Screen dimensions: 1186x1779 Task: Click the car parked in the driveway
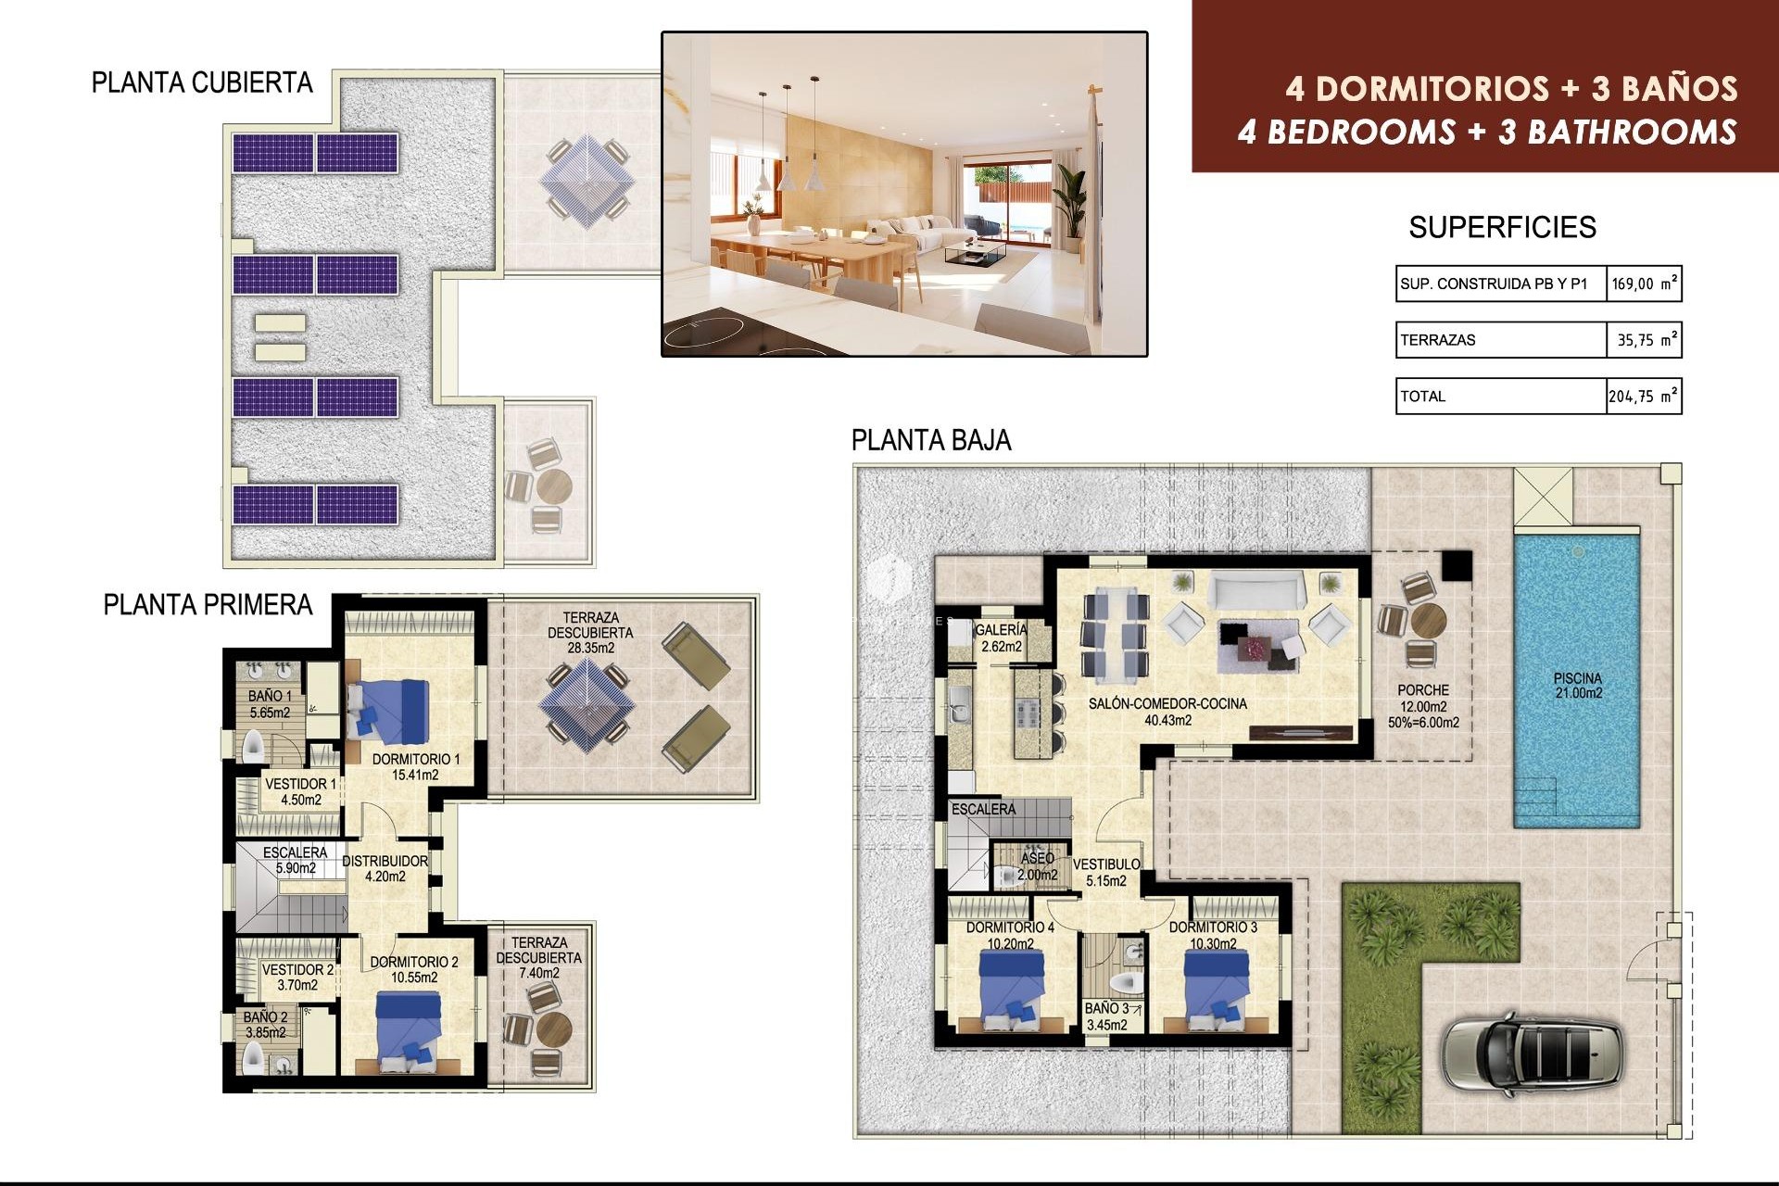[1531, 1054]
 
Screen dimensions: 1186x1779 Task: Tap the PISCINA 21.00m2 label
[1578, 686]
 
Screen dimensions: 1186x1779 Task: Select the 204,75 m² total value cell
[1643, 397]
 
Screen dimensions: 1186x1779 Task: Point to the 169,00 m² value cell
[1643, 284]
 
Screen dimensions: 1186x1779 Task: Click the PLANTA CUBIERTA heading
[202, 82]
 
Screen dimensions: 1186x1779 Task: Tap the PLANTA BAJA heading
[930, 440]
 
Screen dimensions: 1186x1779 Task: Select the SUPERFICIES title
[1502, 227]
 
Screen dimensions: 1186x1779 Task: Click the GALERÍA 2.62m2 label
[1001, 637]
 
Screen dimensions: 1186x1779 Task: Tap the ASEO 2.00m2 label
[1037, 866]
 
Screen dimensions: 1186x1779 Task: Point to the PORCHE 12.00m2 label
[1424, 705]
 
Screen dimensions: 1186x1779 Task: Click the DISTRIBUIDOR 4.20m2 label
[385, 868]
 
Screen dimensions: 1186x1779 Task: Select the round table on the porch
[1428, 619]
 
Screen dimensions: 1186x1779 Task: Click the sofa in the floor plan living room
[1256, 589]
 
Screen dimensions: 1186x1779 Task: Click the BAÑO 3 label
[1106, 1016]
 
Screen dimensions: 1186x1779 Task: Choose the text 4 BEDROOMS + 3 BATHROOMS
[1486, 132]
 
